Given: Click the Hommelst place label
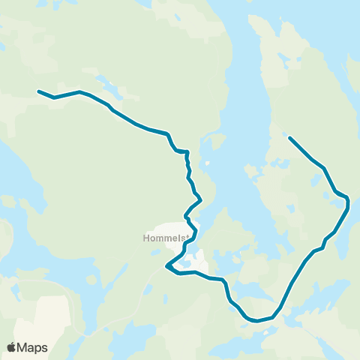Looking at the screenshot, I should pyautogui.click(x=163, y=239).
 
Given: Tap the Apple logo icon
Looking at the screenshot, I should pyautogui.click(x=12, y=347).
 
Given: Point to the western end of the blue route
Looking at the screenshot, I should pyautogui.click(x=39, y=91).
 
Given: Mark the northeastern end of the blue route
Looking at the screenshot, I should pyautogui.click(x=289, y=137).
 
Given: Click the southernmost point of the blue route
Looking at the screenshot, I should pyautogui.click(x=257, y=321).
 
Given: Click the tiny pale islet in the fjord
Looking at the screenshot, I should pyautogui.click(x=206, y=163).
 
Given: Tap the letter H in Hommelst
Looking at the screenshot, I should pyautogui.click(x=145, y=239).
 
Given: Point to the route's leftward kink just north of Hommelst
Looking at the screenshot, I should pyautogui.click(x=186, y=216).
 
